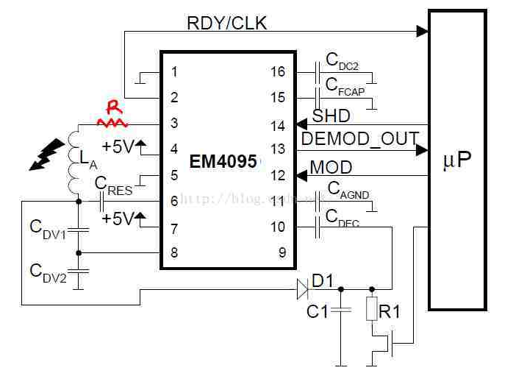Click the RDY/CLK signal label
tap(226, 23)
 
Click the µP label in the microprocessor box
tap(456, 160)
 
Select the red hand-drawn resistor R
tap(112, 117)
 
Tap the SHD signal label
tap(331, 116)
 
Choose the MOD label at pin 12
tap(331, 167)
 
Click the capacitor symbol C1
tap(340, 310)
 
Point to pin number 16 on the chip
tap(277, 71)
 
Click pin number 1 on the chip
tap(174, 71)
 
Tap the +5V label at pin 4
tap(118, 146)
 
